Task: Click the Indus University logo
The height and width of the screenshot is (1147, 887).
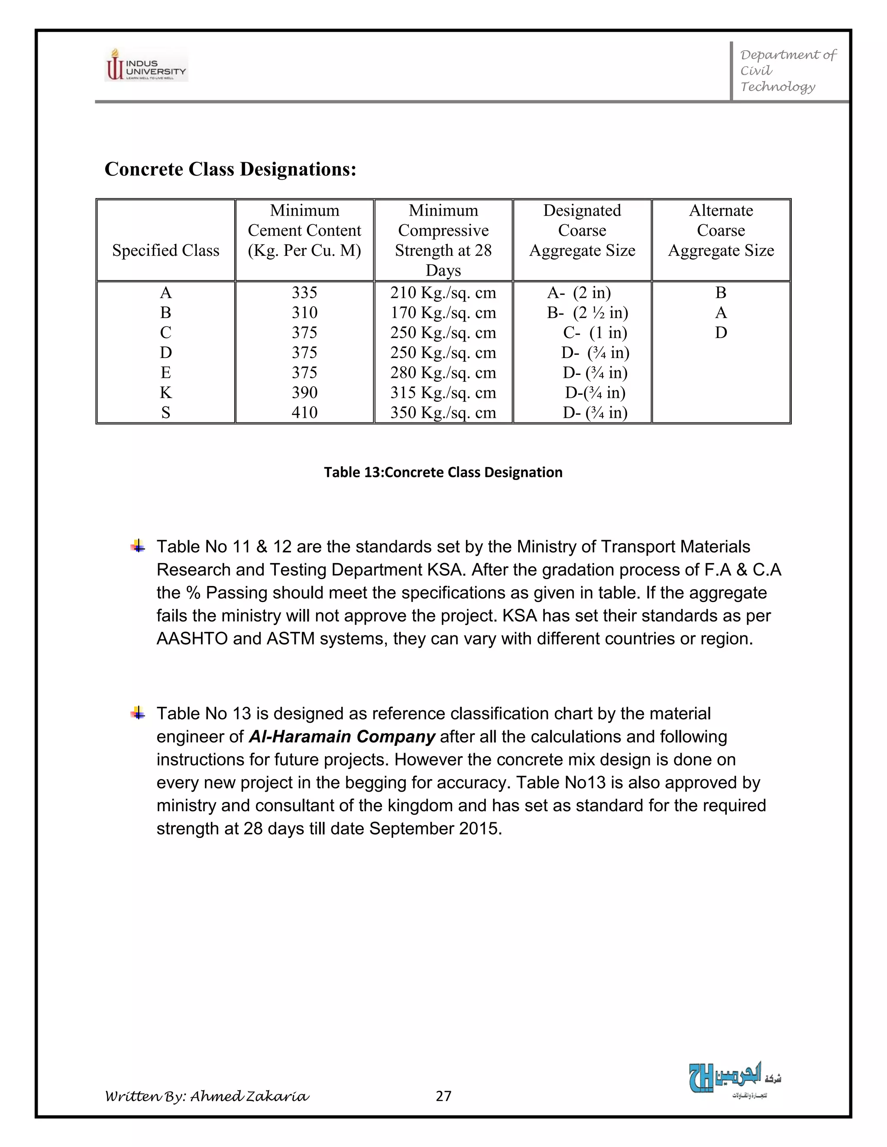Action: pyautogui.click(x=146, y=64)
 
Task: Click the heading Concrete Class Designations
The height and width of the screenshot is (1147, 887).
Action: pyautogui.click(x=230, y=169)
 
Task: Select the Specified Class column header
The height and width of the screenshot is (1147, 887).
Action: pyautogui.click(x=165, y=251)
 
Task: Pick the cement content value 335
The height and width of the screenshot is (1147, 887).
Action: pyautogui.click(x=304, y=293)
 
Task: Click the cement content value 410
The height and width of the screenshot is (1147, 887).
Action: pyautogui.click(x=304, y=412)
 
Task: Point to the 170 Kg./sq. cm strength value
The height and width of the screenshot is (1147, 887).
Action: pyautogui.click(x=443, y=313)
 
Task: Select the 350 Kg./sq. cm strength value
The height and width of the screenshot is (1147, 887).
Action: pyautogui.click(x=443, y=412)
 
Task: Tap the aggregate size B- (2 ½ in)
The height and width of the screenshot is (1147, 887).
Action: pyautogui.click(x=587, y=313)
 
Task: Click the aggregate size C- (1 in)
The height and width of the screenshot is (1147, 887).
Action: pyautogui.click(x=595, y=332)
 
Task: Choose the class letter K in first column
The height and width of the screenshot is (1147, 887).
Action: pyautogui.click(x=165, y=392)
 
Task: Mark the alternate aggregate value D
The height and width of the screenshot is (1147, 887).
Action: pyautogui.click(x=721, y=332)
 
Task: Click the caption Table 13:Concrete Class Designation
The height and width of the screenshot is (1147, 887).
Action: pyautogui.click(x=443, y=472)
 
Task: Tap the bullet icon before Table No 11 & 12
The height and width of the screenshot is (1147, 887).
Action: pyautogui.click(x=138, y=546)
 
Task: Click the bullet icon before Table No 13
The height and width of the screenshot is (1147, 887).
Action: pyautogui.click(x=138, y=713)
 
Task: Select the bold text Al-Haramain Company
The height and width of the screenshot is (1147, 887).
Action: pyautogui.click(x=342, y=736)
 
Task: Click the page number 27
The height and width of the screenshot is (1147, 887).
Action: pyautogui.click(x=443, y=1095)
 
